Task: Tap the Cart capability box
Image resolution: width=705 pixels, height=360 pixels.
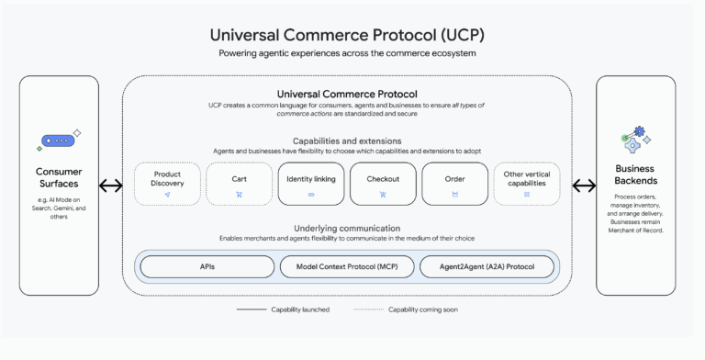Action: pyautogui.click(x=239, y=184)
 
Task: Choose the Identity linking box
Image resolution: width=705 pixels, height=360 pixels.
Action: pyautogui.click(x=310, y=184)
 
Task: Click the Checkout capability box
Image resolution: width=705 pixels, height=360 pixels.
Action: pyautogui.click(x=382, y=184)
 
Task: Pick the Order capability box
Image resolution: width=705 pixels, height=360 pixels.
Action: pyautogui.click(x=453, y=184)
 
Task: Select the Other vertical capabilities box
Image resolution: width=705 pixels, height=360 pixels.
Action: pyautogui.click(x=526, y=184)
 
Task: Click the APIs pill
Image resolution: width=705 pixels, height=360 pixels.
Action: pyautogui.click(x=207, y=266)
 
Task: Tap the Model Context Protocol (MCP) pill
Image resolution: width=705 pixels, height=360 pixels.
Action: pyautogui.click(x=347, y=266)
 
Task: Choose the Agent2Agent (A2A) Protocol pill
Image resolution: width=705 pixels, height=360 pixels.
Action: pyautogui.click(x=487, y=266)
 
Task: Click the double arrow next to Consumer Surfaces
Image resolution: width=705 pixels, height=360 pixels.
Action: pyautogui.click(x=111, y=186)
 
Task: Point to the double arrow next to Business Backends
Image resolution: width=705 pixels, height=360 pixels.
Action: pyautogui.click(x=583, y=186)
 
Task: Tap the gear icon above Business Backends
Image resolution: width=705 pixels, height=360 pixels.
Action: pyautogui.click(x=634, y=141)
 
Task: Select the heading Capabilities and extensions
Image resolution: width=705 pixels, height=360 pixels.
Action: pyautogui.click(x=347, y=141)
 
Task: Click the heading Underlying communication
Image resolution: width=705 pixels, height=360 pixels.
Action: pyautogui.click(x=347, y=227)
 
